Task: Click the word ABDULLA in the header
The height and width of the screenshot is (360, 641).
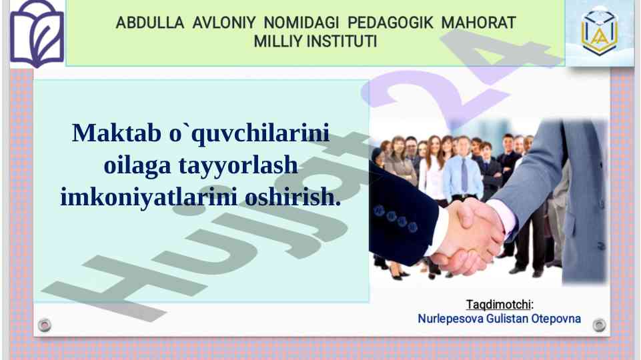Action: coord(149,23)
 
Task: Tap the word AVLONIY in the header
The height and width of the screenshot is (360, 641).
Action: coord(224,23)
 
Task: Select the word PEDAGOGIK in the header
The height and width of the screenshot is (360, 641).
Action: coord(390,23)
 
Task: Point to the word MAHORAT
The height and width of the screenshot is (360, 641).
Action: coord(478,23)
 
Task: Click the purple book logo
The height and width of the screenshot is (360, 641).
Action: coord(37,34)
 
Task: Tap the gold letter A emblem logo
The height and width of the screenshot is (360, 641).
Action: coord(599,32)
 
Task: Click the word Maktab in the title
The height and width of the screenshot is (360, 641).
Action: coord(117,133)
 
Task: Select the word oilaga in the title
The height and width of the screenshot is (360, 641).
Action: coord(137,165)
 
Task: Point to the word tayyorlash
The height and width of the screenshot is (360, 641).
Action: coord(238,165)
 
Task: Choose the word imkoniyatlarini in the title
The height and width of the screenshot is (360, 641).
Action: coord(149,197)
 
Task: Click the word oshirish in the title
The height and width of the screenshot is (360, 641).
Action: coord(293,197)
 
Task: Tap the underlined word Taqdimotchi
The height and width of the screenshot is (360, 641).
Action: coord(498,305)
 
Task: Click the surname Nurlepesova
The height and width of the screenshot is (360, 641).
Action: coord(450,319)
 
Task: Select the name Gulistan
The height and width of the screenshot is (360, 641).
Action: coord(507,319)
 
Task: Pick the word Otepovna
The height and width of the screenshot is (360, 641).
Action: coord(556,319)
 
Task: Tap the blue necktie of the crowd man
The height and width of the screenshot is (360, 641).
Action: coord(464,176)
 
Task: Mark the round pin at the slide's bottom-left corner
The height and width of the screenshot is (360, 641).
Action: coord(45,325)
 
